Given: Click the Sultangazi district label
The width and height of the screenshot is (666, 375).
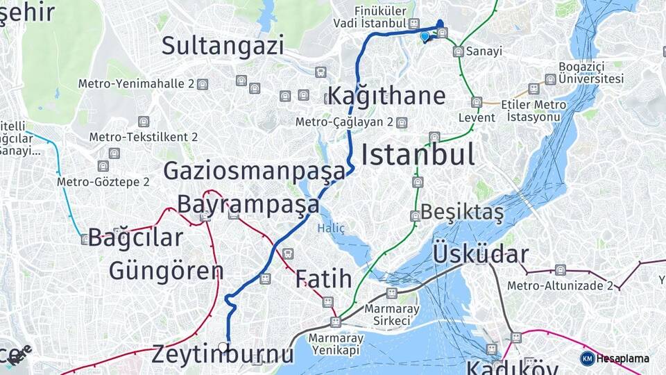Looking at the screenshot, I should coord(223,46).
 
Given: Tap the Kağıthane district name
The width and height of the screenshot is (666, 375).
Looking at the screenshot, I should coord(386,96).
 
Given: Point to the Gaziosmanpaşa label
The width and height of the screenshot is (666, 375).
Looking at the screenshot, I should coord(254,171).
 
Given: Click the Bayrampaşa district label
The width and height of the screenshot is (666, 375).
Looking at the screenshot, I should coord(248,204).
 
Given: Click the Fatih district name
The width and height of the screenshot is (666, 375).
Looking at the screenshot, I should coord(323,279).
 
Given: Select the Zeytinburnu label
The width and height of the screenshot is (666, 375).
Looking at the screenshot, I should coord(223,354).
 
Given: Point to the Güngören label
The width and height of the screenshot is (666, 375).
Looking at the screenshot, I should coord(166,270).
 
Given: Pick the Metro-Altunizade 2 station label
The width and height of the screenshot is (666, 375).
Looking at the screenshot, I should coord(560,285).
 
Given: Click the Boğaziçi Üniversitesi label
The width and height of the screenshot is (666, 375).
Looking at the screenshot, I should coord(592,73).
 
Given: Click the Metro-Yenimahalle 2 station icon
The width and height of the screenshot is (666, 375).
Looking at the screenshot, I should coord(202,84).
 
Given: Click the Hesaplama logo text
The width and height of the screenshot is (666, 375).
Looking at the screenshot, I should coord(622,358).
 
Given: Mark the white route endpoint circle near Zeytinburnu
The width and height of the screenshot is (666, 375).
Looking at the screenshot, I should coord(223,346).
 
